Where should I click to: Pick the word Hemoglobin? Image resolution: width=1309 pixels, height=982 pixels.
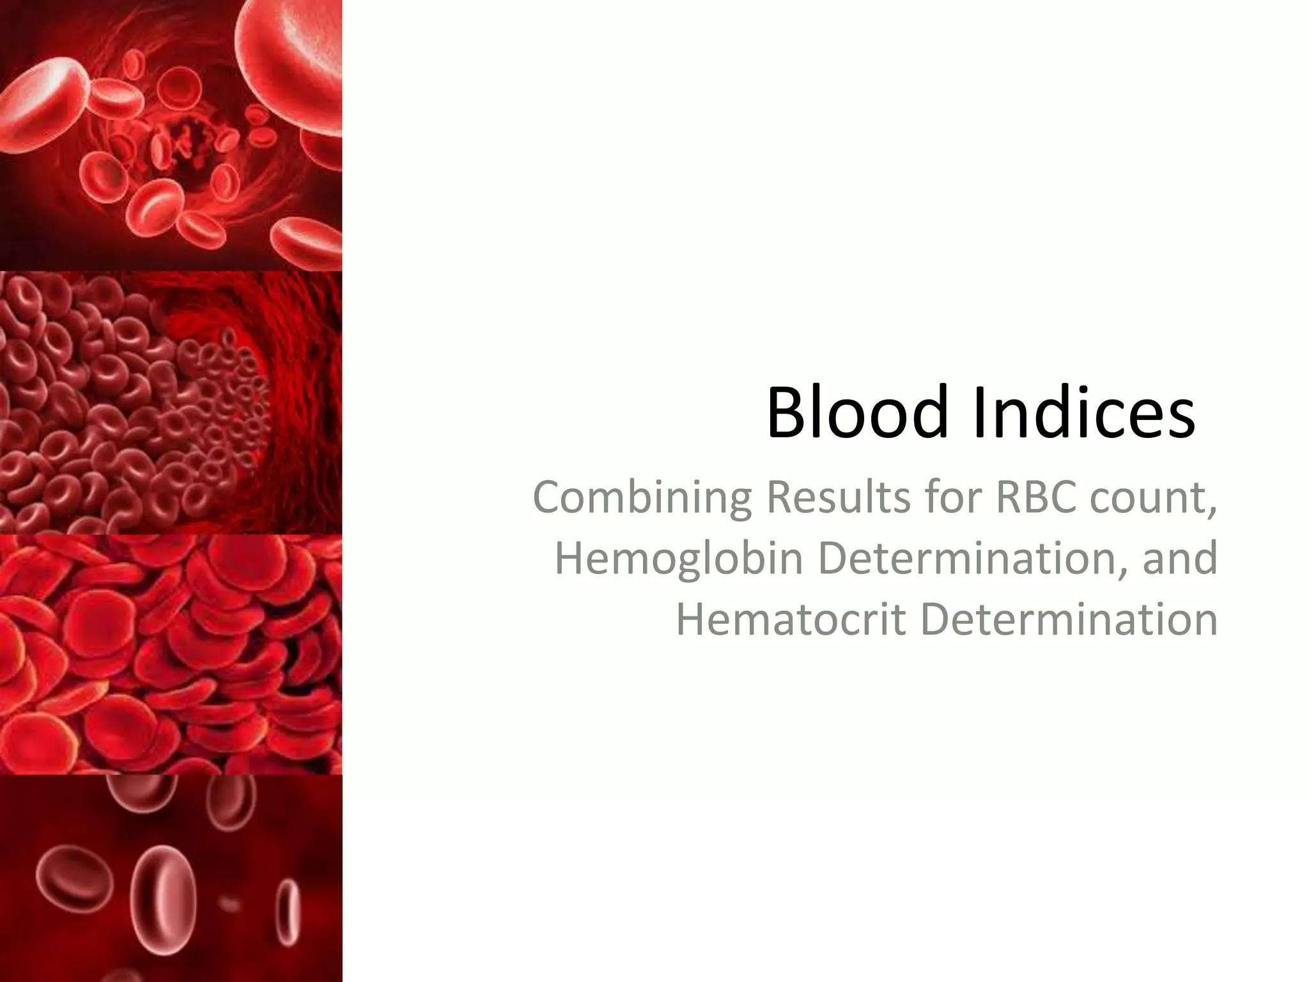678,557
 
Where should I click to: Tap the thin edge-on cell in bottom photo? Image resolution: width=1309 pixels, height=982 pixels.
290,908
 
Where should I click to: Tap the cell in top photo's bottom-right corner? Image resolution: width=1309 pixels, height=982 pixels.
307,243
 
